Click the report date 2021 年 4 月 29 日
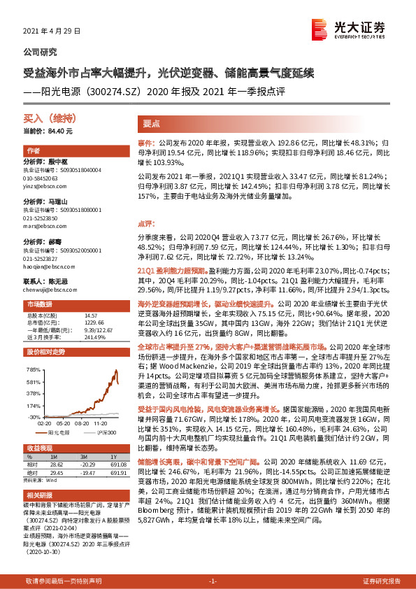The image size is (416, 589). coord(52,31)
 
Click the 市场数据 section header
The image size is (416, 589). coord(40,304)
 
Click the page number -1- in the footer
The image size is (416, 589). coord(214,581)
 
